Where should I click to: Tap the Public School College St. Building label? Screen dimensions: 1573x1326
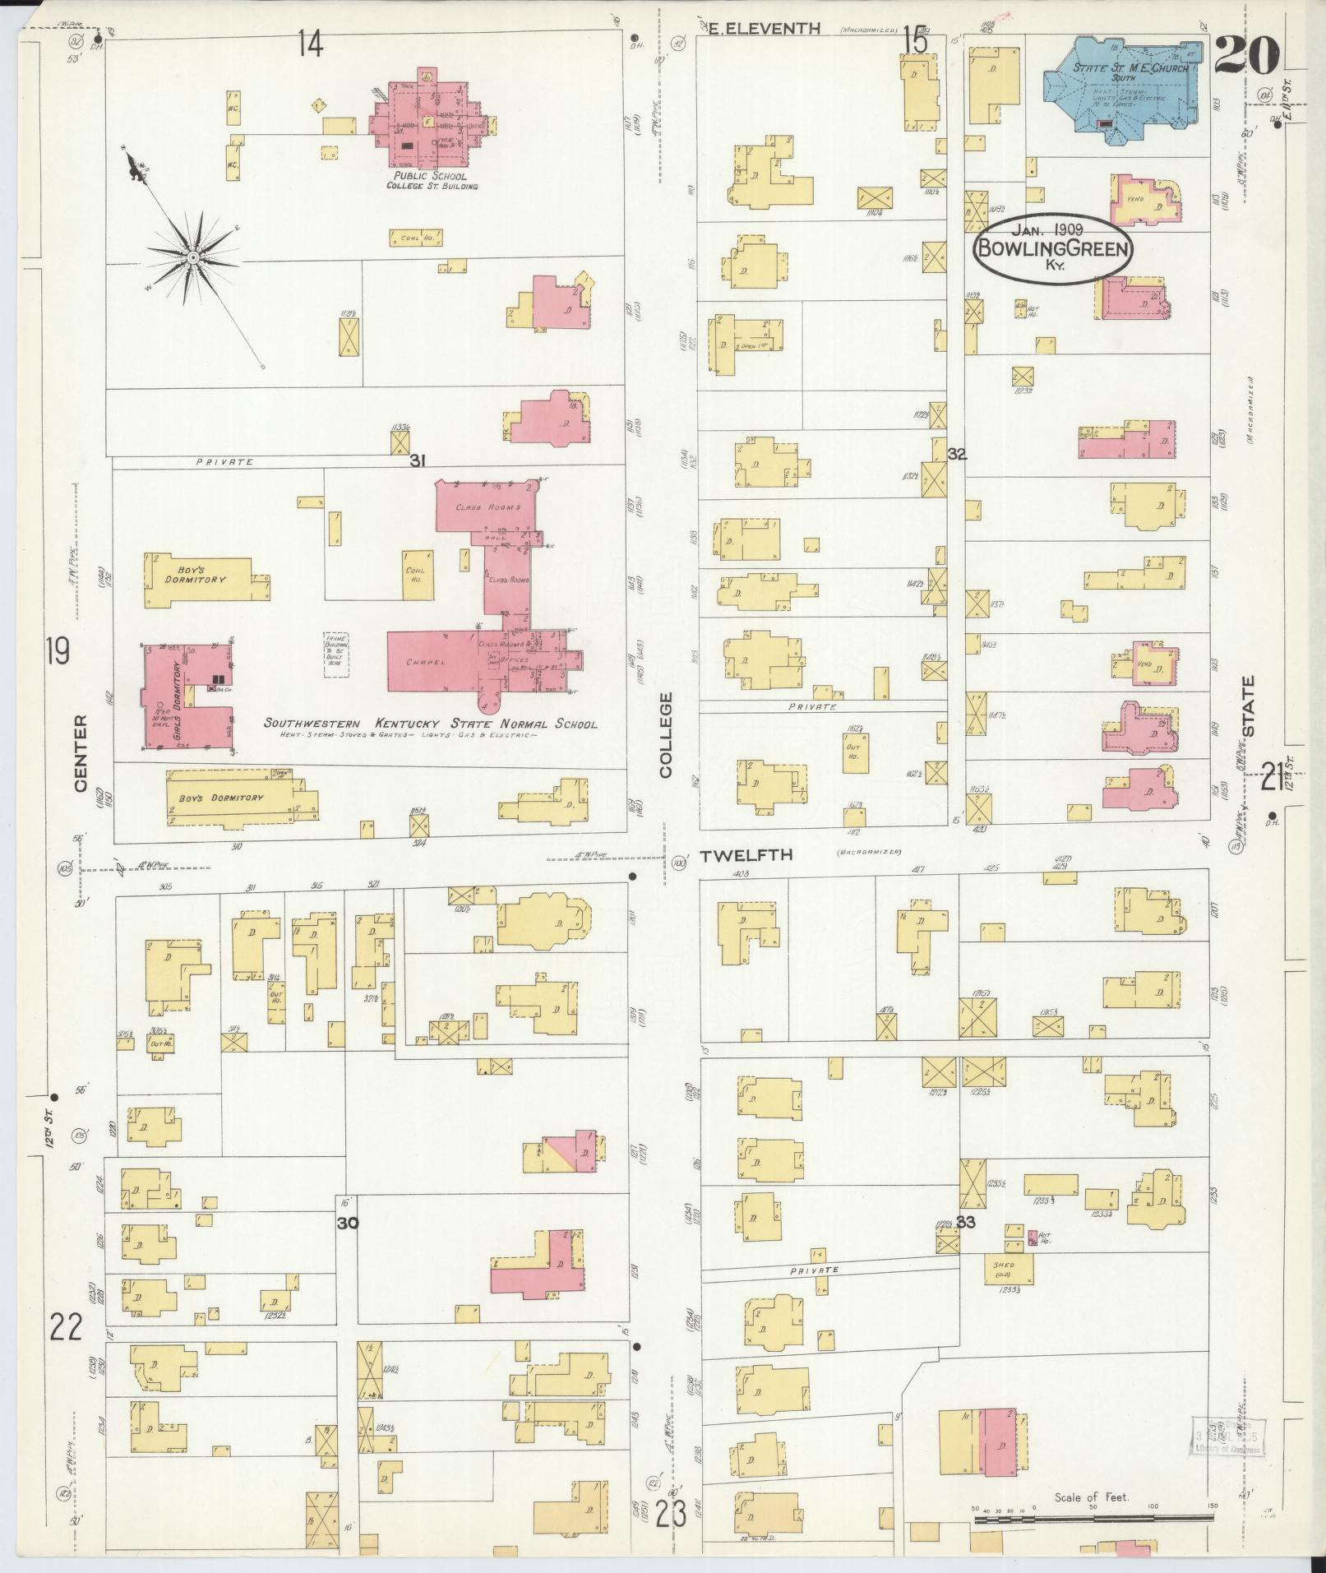[431, 181]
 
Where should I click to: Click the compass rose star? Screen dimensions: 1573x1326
[192, 258]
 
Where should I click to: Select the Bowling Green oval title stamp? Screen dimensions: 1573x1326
[1052, 249]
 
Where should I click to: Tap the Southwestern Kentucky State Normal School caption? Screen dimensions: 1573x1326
[430, 724]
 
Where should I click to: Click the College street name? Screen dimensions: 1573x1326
[665, 734]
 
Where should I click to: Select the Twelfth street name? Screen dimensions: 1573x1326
[746, 855]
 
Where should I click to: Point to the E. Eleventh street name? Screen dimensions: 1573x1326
[765, 29]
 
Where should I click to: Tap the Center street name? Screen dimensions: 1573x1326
[81, 752]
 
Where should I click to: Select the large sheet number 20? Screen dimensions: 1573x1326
[1246, 56]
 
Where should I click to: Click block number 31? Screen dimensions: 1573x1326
[418, 461]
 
